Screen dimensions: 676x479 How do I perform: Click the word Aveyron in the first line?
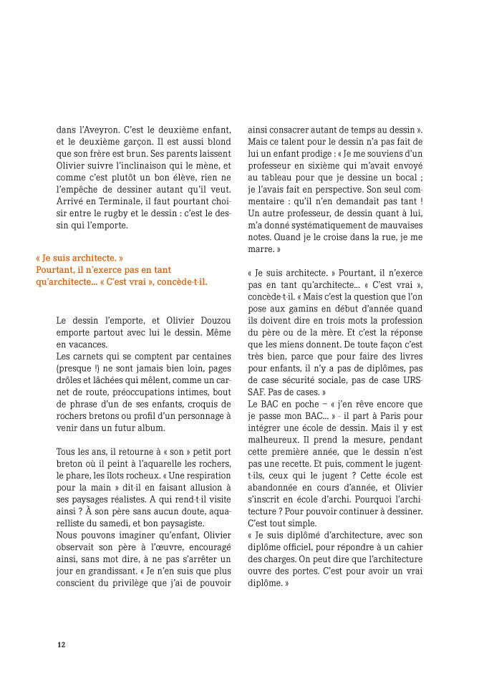105,130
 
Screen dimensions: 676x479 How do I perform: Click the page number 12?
62,644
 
